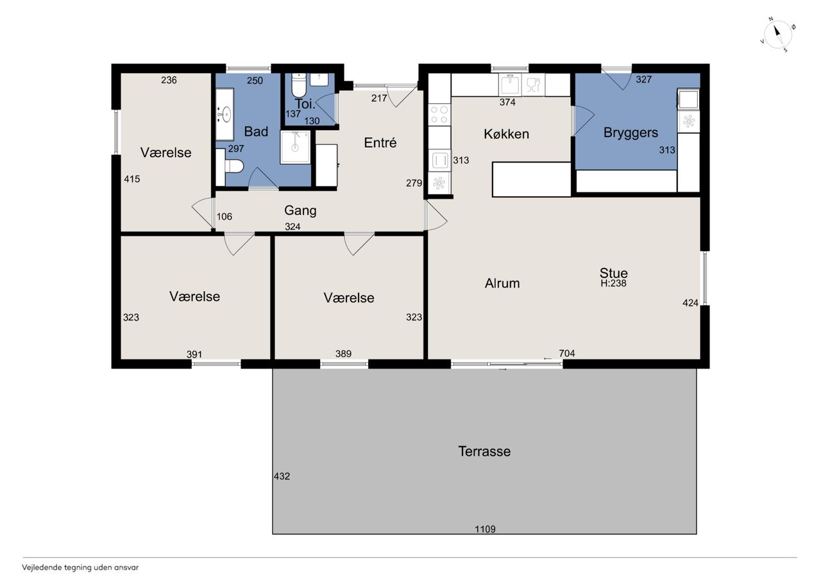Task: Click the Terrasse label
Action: pyautogui.click(x=484, y=451)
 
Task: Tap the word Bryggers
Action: pyautogui.click(x=631, y=133)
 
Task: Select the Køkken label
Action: pyautogui.click(x=506, y=134)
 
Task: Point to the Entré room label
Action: pyautogui.click(x=380, y=142)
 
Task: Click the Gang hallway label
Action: pyautogui.click(x=300, y=211)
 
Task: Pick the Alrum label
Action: pyautogui.click(x=502, y=283)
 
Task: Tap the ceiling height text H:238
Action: pyautogui.click(x=613, y=283)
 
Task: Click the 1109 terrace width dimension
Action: pyautogui.click(x=485, y=529)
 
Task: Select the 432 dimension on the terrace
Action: pyautogui.click(x=282, y=476)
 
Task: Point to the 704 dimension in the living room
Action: pyautogui.click(x=566, y=353)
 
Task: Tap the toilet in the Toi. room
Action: pyautogui.click(x=298, y=85)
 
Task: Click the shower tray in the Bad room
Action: pyautogui.click(x=295, y=147)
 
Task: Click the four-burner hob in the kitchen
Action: pyautogui.click(x=439, y=115)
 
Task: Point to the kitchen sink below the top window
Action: pyautogui.click(x=510, y=84)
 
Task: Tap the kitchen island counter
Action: pyautogui.click(x=532, y=179)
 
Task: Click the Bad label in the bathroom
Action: pyautogui.click(x=256, y=131)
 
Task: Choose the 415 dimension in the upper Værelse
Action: pyautogui.click(x=132, y=179)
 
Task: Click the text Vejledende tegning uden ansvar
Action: pyautogui.click(x=80, y=568)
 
